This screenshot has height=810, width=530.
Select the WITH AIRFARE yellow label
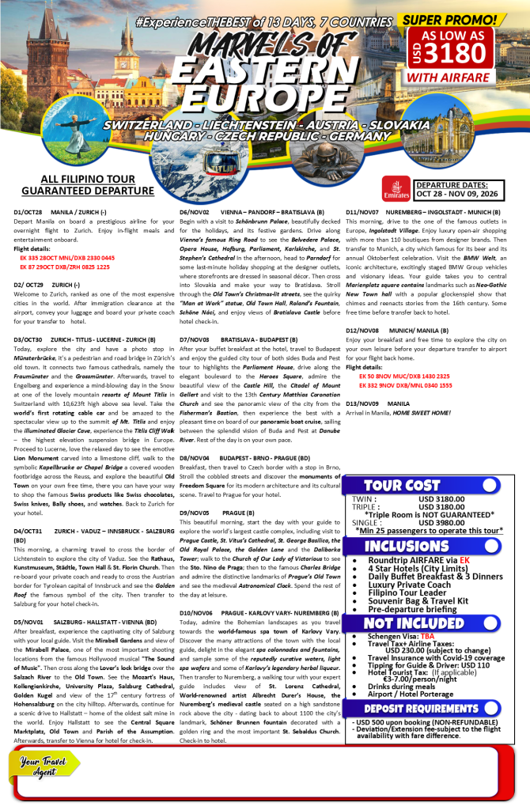point(464,78)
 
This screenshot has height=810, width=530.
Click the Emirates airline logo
point(395,188)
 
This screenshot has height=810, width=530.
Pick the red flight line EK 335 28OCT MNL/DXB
point(67,258)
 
